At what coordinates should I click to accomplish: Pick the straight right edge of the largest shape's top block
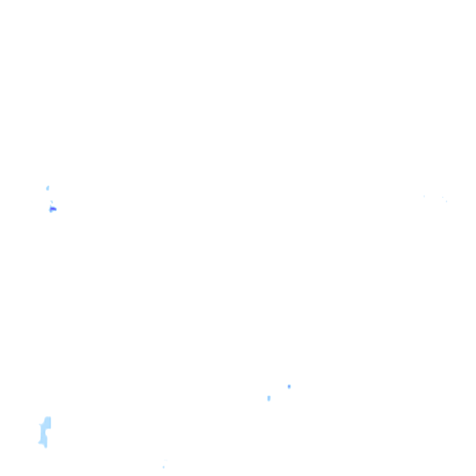(50, 423)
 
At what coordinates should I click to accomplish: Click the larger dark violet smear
(53, 209)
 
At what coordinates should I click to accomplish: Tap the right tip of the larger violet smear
(56, 210)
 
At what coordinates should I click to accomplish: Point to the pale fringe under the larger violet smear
(51, 212)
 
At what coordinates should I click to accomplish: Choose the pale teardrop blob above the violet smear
(47, 188)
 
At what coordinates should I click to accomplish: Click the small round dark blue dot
(289, 386)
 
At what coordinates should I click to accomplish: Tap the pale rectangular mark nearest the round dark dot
(269, 398)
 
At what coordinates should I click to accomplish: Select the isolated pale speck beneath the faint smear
(164, 467)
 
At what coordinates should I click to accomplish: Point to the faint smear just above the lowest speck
(165, 460)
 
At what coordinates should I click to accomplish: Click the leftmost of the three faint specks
(424, 196)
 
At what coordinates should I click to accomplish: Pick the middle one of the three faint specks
(443, 197)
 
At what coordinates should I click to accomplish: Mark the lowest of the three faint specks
(446, 201)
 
